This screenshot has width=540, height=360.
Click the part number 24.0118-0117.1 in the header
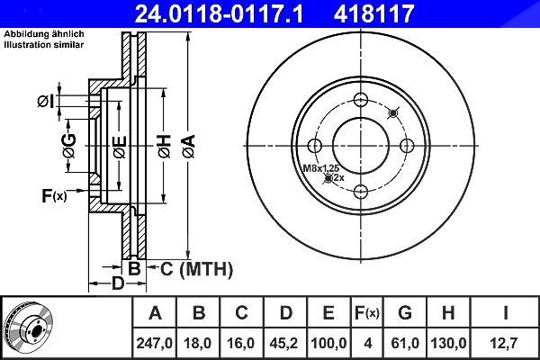click(219, 13)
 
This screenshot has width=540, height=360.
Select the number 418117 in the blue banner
click(373, 13)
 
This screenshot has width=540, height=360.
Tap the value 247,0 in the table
click(154, 343)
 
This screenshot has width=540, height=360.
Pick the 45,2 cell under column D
click(283, 343)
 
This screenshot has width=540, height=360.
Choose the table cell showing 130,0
click(448, 343)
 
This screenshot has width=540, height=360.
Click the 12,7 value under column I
click(504, 343)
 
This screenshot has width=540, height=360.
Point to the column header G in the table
click(405, 313)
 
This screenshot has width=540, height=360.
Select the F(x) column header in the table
click(367, 313)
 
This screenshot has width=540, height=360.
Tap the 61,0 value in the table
click(405, 343)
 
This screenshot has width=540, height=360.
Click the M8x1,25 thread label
click(321, 168)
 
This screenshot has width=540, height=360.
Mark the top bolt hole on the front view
click(361, 100)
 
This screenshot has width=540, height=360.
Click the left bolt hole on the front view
click(315, 146)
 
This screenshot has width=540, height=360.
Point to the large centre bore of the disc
click(361, 146)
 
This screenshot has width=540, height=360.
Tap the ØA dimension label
click(189, 147)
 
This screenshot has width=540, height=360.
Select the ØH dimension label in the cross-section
click(165, 147)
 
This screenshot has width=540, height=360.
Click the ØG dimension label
click(69, 146)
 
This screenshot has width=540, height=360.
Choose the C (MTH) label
click(196, 269)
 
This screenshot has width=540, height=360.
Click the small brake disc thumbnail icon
click(29, 327)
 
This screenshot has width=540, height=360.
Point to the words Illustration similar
click(44, 45)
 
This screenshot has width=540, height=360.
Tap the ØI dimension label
click(46, 102)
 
